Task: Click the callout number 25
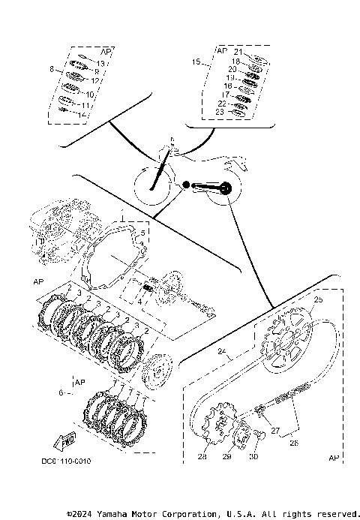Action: coord(317,299)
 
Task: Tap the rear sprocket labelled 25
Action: coord(286,347)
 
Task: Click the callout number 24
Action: coord(223,350)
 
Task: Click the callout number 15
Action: coord(196,62)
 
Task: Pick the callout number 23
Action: coord(220,112)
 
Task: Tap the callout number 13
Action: coord(100,65)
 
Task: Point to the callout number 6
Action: coord(61,392)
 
